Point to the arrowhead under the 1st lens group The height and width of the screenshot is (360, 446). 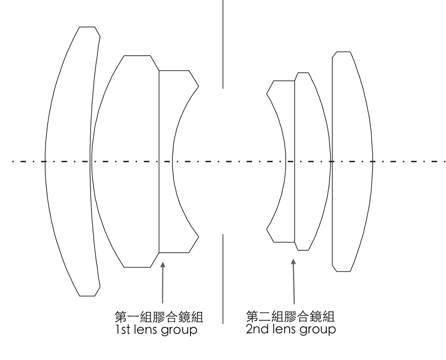[x=163, y=264]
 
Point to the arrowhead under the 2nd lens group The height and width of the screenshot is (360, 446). [x=293, y=262]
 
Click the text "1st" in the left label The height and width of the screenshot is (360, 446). [x=122, y=330]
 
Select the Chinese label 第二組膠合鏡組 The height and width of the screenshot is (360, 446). [x=290, y=316]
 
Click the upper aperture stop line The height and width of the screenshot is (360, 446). [x=223, y=45]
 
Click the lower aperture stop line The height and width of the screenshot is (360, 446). [x=223, y=279]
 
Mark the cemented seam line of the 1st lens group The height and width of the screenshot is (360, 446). [x=159, y=195]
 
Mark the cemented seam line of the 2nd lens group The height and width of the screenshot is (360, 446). [x=295, y=195]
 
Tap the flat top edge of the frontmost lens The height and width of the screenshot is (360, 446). [x=87, y=27]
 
